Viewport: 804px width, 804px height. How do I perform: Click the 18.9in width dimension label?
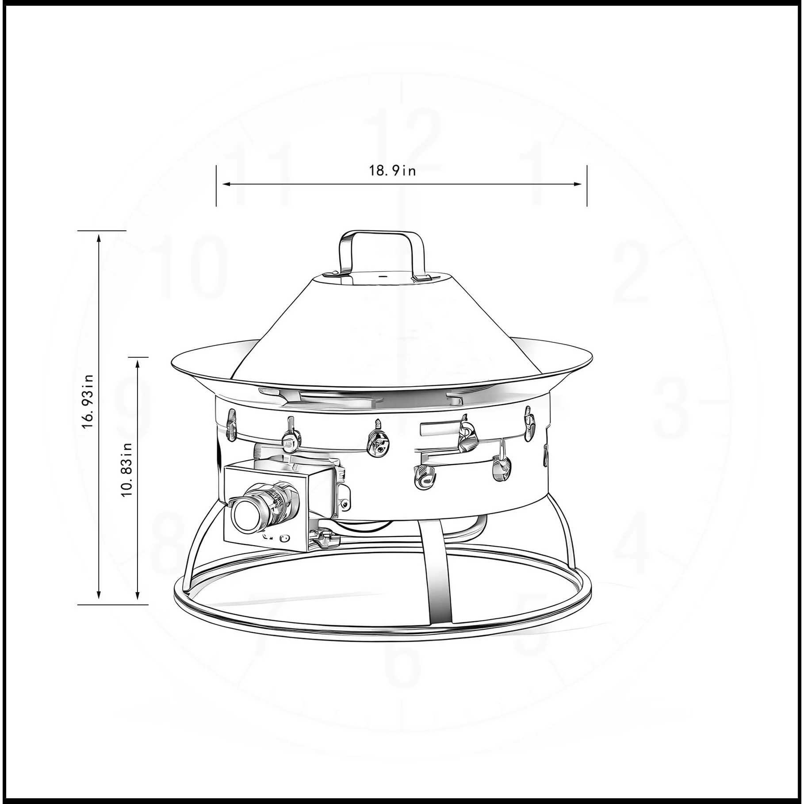[x=393, y=170]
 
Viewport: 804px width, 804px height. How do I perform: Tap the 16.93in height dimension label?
[x=88, y=401]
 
